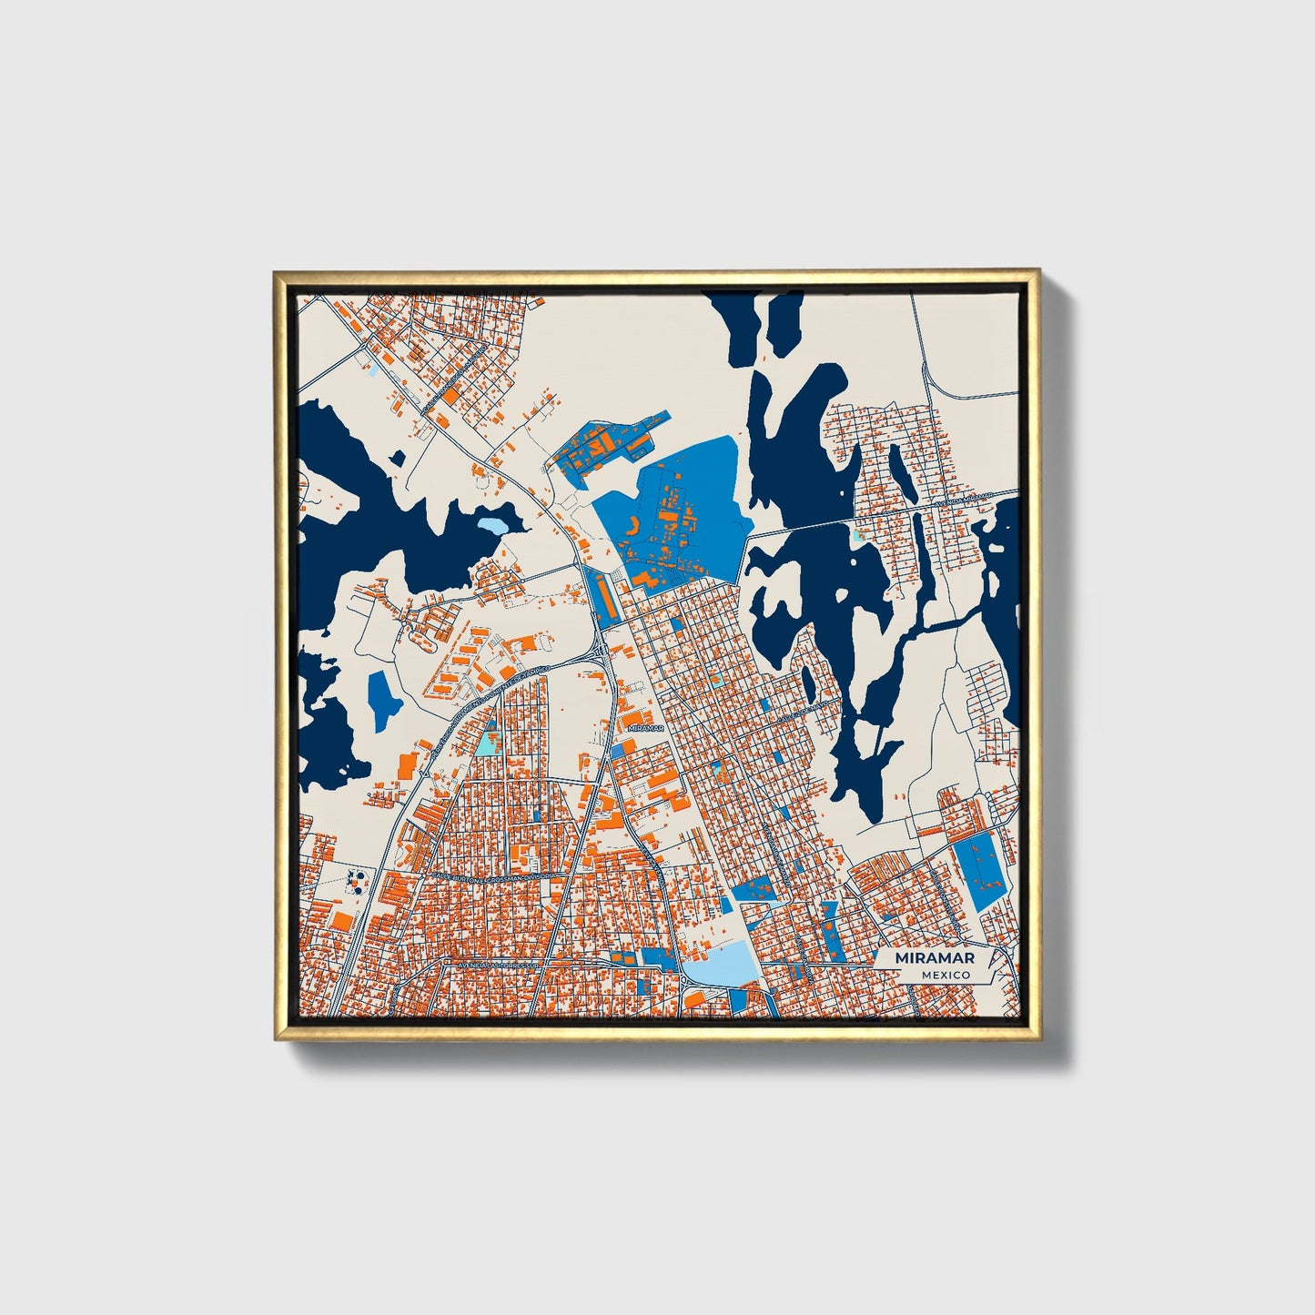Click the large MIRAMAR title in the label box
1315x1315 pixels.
[x=935, y=958]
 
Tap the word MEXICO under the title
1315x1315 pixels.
[x=945, y=975]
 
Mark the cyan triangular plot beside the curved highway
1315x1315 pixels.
[x=488, y=743]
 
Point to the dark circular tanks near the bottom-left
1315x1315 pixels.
[x=359, y=879]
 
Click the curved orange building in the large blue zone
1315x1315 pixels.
[x=635, y=526]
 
